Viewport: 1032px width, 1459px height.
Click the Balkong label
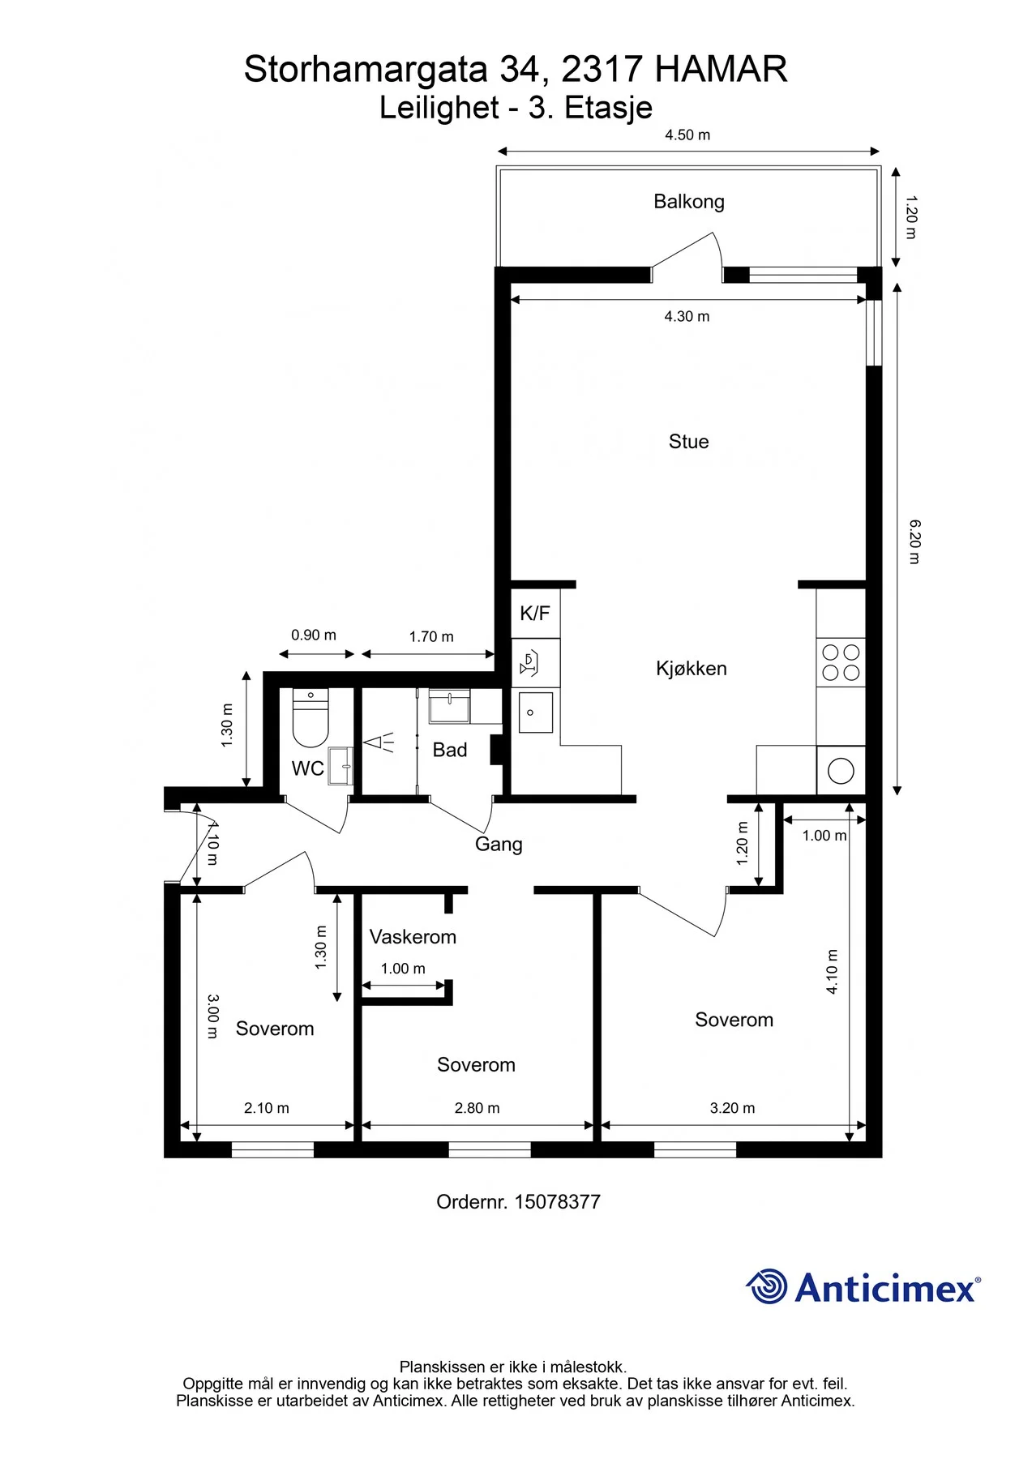click(x=689, y=202)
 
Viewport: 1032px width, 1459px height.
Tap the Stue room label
click(x=689, y=442)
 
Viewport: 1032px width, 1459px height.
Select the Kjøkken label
click(x=692, y=669)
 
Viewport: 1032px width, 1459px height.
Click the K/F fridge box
click(x=535, y=614)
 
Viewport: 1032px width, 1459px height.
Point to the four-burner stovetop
click(x=841, y=662)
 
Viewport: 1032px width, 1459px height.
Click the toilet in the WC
click(x=310, y=718)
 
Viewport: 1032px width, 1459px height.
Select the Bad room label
click(x=450, y=751)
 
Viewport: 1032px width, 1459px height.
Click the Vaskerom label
click(x=413, y=937)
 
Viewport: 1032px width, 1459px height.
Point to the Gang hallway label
click(x=499, y=845)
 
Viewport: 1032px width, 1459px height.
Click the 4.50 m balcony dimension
click(x=687, y=135)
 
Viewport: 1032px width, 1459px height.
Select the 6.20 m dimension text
click(x=914, y=542)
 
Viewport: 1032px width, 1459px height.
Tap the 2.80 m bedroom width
click(x=477, y=1108)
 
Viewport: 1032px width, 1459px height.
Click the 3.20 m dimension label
click(x=732, y=1108)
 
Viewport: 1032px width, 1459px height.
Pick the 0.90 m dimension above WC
click(x=314, y=635)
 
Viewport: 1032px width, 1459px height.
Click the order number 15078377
click(x=558, y=1202)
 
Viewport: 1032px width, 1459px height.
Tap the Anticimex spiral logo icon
click(x=767, y=1286)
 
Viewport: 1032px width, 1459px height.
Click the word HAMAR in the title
click(x=721, y=70)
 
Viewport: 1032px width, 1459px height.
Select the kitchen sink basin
click(x=536, y=712)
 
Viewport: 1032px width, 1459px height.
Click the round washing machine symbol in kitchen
click(x=841, y=770)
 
